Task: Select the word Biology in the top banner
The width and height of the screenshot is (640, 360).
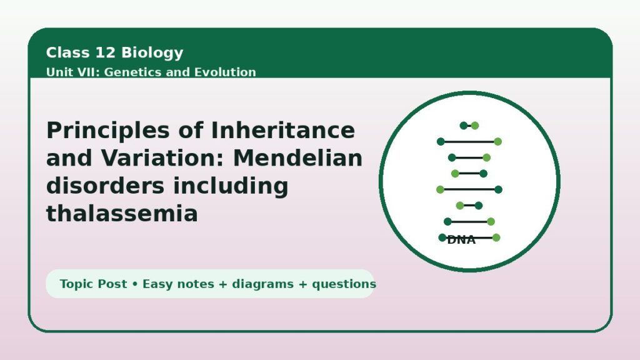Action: point(152,53)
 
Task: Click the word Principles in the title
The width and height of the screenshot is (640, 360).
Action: point(107,131)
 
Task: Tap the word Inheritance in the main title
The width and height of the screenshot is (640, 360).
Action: point(283,130)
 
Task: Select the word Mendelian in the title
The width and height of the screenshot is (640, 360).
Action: point(297,158)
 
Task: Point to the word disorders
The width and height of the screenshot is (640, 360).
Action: point(105,186)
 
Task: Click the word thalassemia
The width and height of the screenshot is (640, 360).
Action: point(122,214)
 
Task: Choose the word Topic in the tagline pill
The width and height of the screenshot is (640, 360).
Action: point(76,284)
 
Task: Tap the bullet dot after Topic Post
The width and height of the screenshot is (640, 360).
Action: point(135,284)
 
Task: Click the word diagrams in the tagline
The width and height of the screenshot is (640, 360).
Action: point(262,284)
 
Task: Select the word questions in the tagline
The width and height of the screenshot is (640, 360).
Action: point(344,284)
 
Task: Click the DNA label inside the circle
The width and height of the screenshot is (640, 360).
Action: point(461,240)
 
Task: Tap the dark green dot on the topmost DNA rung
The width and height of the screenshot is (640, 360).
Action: point(464,126)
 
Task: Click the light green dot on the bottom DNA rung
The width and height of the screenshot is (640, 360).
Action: point(496,237)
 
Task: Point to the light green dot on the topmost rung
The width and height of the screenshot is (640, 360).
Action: point(475,126)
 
